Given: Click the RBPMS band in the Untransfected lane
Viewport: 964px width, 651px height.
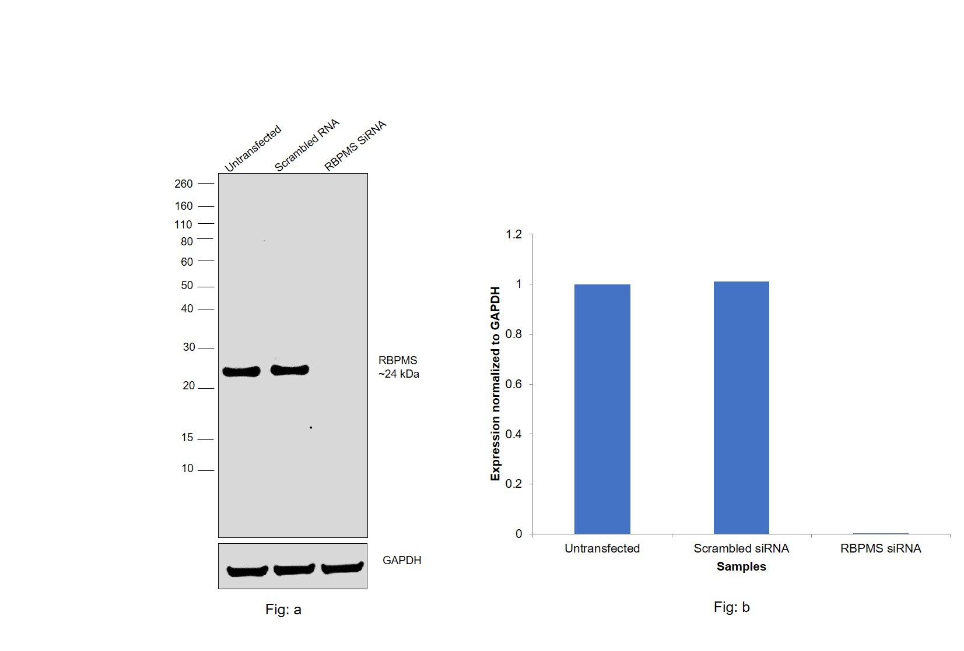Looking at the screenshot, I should click(241, 372).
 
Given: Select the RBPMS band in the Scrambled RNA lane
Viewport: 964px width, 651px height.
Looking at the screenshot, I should click(290, 370).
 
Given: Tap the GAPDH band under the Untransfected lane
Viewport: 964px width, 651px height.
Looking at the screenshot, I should click(247, 571).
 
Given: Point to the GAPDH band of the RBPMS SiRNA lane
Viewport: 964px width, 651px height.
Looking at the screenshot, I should click(342, 568).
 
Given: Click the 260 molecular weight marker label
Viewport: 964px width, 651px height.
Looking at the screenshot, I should click(183, 184).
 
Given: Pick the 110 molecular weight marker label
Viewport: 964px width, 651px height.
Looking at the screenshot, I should click(183, 225).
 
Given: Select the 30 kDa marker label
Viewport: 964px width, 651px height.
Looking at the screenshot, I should click(189, 347).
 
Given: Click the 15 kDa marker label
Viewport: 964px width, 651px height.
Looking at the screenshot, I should click(187, 438).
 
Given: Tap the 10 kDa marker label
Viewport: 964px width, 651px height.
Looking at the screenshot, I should click(187, 469).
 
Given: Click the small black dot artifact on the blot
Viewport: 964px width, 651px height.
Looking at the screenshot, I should click(311, 428).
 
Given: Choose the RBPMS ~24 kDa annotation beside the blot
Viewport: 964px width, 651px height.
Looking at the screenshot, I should click(398, 367).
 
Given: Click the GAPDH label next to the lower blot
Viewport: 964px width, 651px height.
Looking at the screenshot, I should click(402, 560).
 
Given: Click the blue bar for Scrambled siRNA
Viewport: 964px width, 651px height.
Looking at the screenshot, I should click(741, 408).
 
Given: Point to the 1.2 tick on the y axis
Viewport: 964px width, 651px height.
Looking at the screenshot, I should click(514, 234).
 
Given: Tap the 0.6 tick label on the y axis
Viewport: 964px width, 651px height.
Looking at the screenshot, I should click(514, 384).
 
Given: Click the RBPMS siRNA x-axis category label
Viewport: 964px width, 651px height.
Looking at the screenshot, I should click(881, 548).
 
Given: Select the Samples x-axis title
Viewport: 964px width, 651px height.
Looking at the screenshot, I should click(741, 566).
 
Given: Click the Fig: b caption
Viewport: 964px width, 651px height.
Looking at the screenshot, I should click(731, 607).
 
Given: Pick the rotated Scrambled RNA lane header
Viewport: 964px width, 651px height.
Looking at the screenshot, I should click(307, 146).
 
